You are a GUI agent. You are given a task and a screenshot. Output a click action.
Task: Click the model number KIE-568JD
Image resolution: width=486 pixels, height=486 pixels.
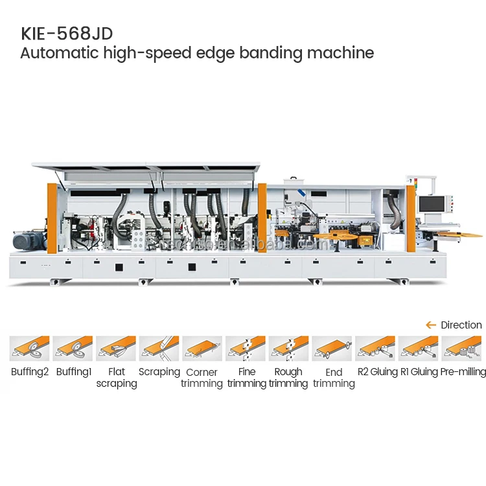click(x=62, y=33)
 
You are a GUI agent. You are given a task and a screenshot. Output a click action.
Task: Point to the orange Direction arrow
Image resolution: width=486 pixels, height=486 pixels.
click(x=430, y=325)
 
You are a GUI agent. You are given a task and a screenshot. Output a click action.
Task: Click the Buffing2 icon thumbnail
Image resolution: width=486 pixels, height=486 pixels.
click(x=29, y=349)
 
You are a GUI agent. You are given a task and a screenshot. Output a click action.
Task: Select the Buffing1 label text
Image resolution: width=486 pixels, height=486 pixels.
click(x=73, y=372)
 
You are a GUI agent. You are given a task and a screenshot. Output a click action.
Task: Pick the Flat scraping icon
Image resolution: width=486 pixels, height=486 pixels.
click(x=116, y=349)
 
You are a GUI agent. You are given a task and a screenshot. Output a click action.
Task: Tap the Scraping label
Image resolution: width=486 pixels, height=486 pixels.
click(x=159, y=372)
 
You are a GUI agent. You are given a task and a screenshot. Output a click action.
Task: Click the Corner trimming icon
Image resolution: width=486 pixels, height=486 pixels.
click(x=202, y=349)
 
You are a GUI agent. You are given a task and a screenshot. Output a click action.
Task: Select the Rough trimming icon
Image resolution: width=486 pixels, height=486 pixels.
click(x=288, y=349)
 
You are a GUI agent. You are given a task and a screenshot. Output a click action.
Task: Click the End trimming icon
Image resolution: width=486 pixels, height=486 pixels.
click(x=332, y=349)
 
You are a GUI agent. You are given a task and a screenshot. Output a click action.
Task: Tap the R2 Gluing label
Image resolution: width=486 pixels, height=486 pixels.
click(x=377, y=372)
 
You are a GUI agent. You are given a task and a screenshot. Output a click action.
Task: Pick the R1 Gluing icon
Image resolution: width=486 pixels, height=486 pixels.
click(x=419, y=349)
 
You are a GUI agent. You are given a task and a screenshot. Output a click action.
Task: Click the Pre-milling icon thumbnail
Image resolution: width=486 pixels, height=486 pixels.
click(x=462, y=349)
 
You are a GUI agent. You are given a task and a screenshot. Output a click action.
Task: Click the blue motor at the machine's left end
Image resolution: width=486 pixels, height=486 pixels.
click(x=29, y=241)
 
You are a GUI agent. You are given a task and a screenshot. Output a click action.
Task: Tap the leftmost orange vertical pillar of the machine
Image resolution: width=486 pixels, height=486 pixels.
click(x=52, y=218)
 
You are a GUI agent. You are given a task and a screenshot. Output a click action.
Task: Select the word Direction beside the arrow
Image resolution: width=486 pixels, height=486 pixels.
click(x=461, y=325)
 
